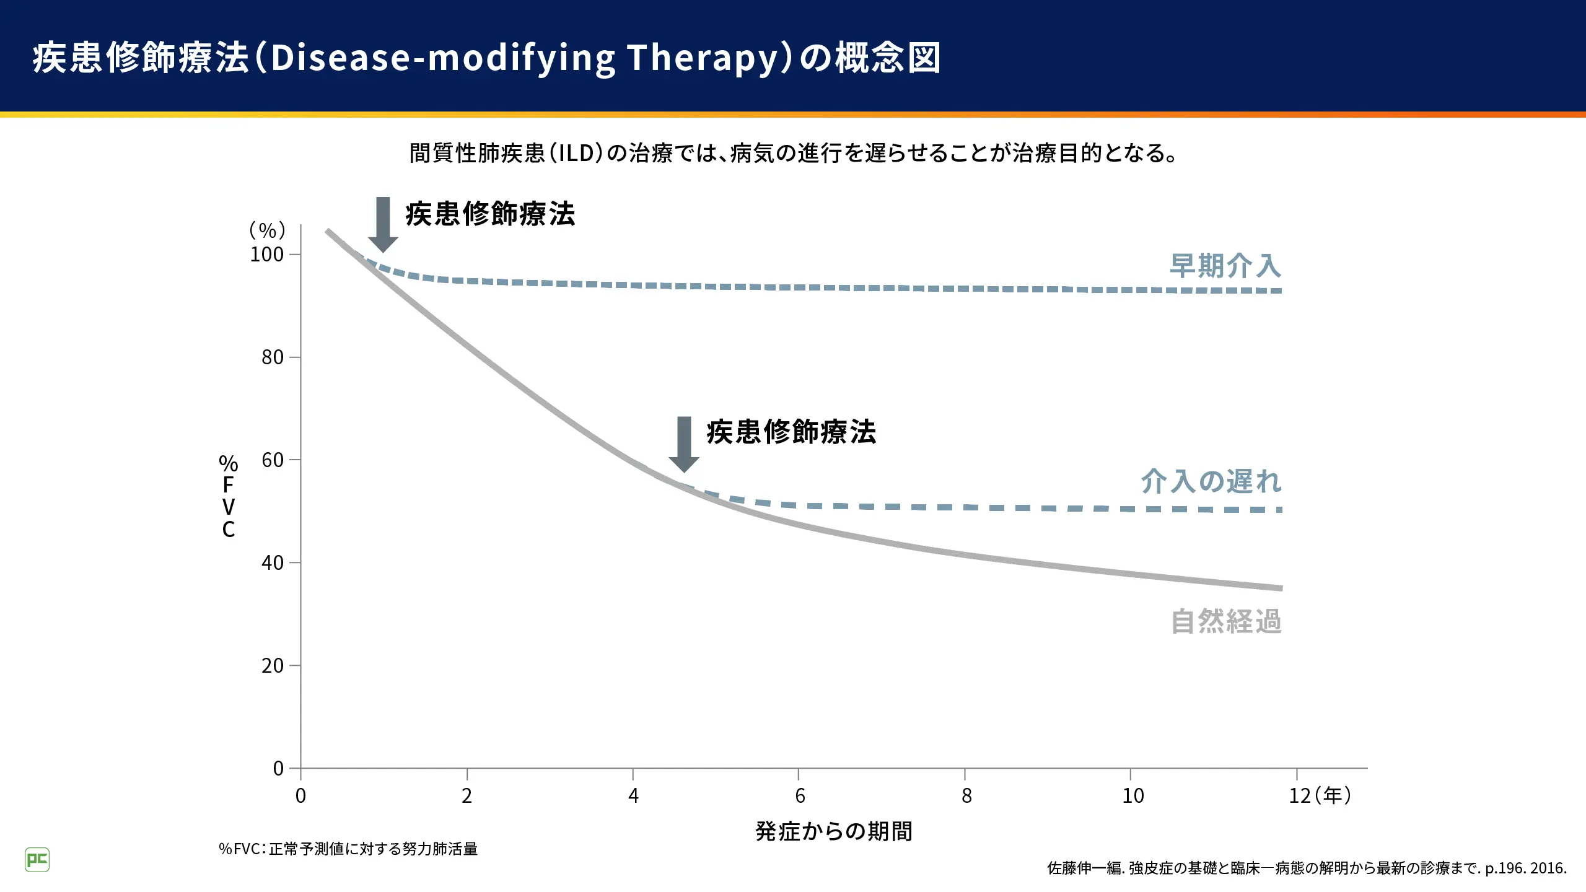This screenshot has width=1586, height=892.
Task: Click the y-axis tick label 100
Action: tap(266, 255)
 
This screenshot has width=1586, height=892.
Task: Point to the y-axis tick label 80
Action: tap(273, 357)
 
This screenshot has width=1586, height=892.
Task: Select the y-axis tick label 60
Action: tap(273, 460)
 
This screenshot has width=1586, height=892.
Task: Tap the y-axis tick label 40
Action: tap(273, 563)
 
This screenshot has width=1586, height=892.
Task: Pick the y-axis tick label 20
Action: tap(273, 666)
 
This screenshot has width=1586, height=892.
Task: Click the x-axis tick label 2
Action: tap(467, 796)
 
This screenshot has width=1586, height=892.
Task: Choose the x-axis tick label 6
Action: tap(800, 796)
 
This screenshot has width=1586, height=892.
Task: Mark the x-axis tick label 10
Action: tap(1133, 796)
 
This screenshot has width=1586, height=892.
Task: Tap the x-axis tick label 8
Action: tap(966, 796)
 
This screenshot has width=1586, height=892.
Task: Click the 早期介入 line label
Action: tap(1225, 266)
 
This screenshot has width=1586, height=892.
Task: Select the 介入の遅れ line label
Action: tap(1211, 481)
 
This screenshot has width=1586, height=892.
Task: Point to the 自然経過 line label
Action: tap(1226, 621)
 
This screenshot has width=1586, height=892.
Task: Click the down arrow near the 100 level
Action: tap(383, 225)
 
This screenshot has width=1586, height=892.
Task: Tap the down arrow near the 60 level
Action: tap(684, 445)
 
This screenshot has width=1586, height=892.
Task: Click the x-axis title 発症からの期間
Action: tap(834, 831)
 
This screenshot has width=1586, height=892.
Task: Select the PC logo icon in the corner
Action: tap(37, 860)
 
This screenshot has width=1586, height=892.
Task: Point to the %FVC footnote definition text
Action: tap(348, 849)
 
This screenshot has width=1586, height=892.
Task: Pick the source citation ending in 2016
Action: tap(1307, 868)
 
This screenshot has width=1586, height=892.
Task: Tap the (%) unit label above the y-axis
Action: tap(267, 230)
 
